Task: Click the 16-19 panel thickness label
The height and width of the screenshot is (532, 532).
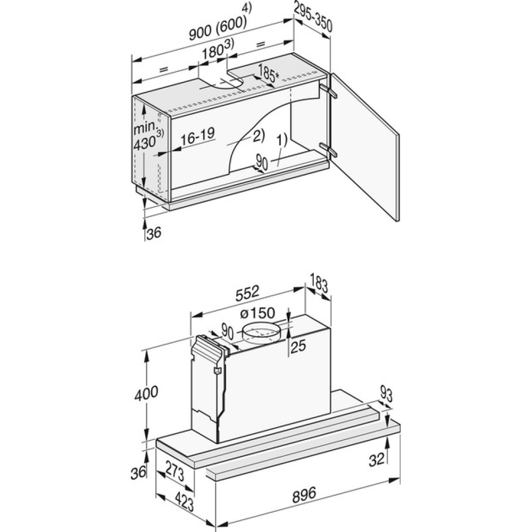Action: click(x=198, y=135)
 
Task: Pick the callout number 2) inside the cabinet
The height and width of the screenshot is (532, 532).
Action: click(x=258, y=135)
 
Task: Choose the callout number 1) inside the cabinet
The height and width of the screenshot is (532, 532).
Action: click(x=281, y=140)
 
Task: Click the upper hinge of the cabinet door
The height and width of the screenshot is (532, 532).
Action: click(x=328, y=91)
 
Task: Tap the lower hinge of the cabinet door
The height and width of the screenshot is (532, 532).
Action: click(x=328, y=150)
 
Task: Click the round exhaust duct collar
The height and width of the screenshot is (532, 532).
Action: click(x=261, y=332)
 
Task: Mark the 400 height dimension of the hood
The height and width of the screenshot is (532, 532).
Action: click(x=146, y=394)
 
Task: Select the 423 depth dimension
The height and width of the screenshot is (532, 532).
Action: click(x=183, y=501)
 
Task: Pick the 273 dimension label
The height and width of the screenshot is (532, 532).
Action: click(x=174, y=471)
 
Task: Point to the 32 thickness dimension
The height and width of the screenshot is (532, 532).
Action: click(x=377, y=459)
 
